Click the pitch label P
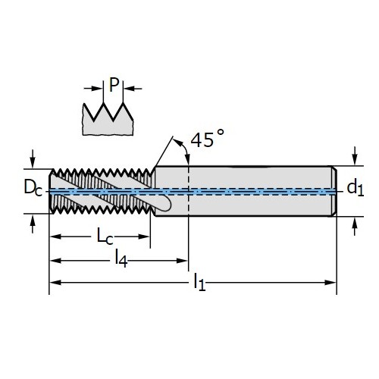[x=114, y=85]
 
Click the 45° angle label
[x=207, y=139]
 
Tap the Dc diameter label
[x=33, y=187]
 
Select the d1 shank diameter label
[x=356, y=187]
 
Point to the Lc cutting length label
[x=105, y=236]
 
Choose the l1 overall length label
[x=199, y=282]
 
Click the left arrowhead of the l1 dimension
[x=55, y=282]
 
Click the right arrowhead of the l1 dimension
[x=330, y=282]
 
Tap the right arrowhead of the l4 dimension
[x=182, y=261]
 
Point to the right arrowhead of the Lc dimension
[x=144, y=236]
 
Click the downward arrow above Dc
[x=33, y=158]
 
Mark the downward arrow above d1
[x=355, y=156]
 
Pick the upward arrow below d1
[x=355, y=227]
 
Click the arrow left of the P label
[x=93, y=89]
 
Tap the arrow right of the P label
[x=133, y=89]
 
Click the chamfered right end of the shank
[x=334, y=191]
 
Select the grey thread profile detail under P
[x=108, y=119]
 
